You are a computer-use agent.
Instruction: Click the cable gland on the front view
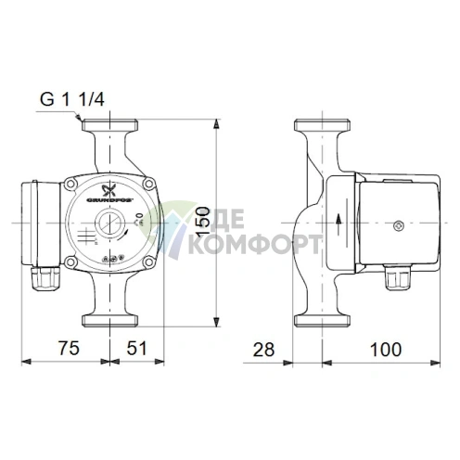point(44,275)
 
